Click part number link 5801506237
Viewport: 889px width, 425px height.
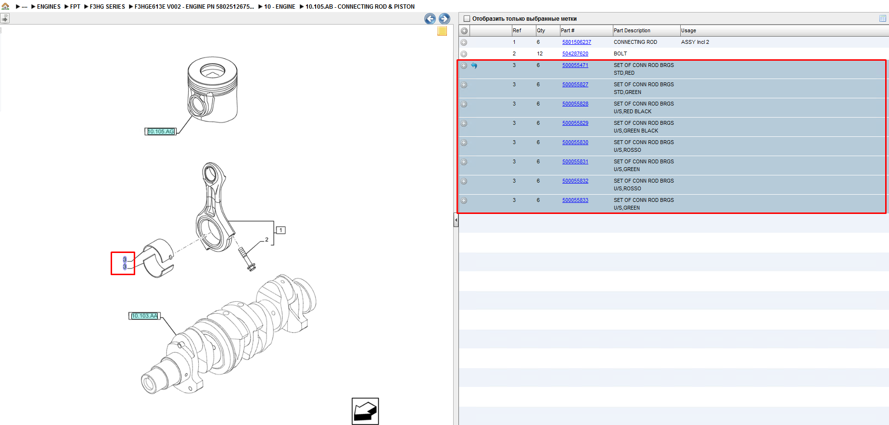[x=576, y=42]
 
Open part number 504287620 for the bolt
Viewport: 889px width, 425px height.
[x=575, y=53]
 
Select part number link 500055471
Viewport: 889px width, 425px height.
[x=575, y=65]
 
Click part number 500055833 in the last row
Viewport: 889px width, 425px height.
[x=575, y=200]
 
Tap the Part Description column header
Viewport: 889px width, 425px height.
[x=632, y=30]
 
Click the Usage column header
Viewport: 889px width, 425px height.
[x=688, y=30]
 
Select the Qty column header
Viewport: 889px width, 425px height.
[x=541, y=30]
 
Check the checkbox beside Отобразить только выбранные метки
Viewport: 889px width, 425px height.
[x=466, y=19]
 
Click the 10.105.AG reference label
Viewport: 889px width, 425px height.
[x=161, y=132]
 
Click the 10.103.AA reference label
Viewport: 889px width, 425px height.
[x=144, y=316]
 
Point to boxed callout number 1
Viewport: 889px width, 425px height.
[x=281, y=230]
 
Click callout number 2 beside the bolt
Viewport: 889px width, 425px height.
[x=267, y=239]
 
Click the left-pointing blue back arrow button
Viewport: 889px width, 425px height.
[x=430, y=19]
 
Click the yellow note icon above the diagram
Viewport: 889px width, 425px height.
[x=442, y=31]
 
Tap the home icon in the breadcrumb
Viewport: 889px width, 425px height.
[x=6, y=6]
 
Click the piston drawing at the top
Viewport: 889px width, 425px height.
[x=213, y=90]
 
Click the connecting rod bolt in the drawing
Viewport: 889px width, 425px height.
[x=247, y=259]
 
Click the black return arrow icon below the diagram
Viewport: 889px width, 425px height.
[x=365, y=411]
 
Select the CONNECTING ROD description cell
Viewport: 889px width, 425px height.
[x=635, y=42]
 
